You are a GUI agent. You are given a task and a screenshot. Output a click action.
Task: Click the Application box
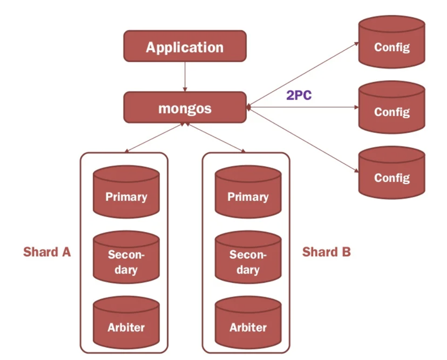click(x=185, y=46)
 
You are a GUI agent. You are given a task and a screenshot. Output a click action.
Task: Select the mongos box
click(x=185, y=107)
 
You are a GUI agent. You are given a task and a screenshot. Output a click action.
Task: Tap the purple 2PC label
click(x=299, y=95)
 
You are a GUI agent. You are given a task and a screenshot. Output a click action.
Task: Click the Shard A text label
click(x=47, y=252)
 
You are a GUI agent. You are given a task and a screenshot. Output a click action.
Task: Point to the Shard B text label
click(x=326, y=252)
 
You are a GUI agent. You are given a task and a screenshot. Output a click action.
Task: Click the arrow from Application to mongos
click(x=185, y=76)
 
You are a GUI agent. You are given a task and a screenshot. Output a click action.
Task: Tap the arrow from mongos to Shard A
click(x=154, y=138)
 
